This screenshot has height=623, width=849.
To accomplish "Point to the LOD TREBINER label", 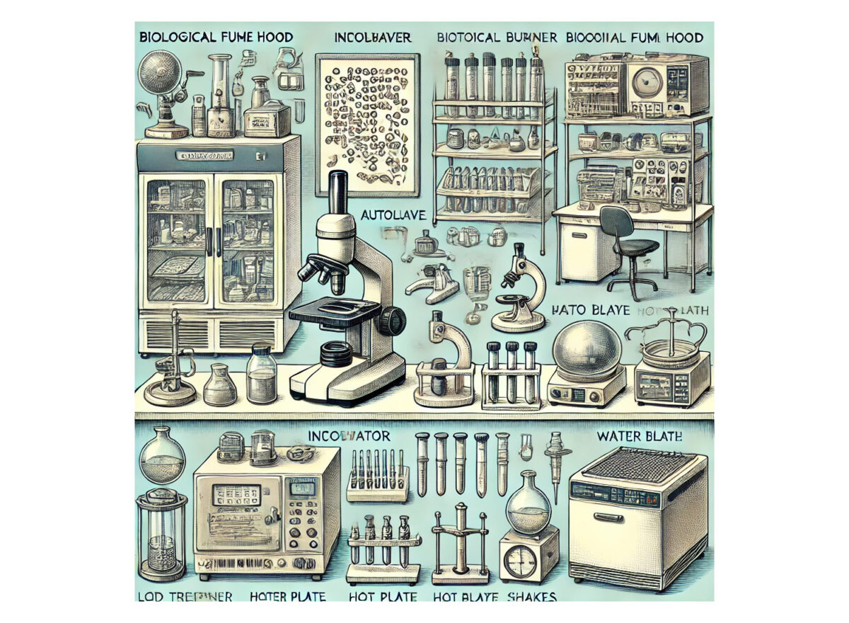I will pyautogui.click(x=184, y=596).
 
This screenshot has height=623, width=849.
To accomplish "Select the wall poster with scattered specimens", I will pyautogui.click(x=366, y=125).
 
